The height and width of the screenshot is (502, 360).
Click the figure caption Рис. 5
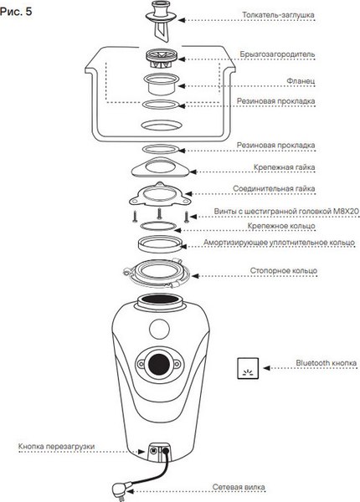[x=16, y=12]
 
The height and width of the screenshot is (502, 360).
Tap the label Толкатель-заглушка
[x=278, y=15]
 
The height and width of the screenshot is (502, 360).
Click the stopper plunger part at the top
[x=161, y=22]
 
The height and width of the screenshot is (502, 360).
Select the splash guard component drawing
[x=162, y=59]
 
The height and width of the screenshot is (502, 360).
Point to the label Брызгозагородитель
[x=277, y=54]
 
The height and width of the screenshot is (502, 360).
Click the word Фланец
[x=301, y=81]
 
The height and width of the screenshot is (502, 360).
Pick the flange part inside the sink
[x=161, y=85]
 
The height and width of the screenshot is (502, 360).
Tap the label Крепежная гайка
[x=284, y=167]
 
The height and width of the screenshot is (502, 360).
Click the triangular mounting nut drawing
[x=160, y=167]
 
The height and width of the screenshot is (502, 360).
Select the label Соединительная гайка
[x=274, y=189]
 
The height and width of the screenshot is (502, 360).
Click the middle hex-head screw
[x=159, y=213]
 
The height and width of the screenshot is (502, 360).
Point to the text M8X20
[x=346, y=212]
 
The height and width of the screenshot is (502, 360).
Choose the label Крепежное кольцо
[x=281, y=226]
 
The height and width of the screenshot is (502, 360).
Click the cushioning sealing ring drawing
[x=160, y=244]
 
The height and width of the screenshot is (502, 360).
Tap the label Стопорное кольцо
[x=284, y=271]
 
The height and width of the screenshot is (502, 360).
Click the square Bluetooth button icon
[x=248, y=368]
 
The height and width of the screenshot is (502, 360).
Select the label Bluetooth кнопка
[x=326, y=363]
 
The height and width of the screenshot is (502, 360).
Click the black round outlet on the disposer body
[x=159, y=364]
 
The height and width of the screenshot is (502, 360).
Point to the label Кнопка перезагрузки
[x=57, y=446]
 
